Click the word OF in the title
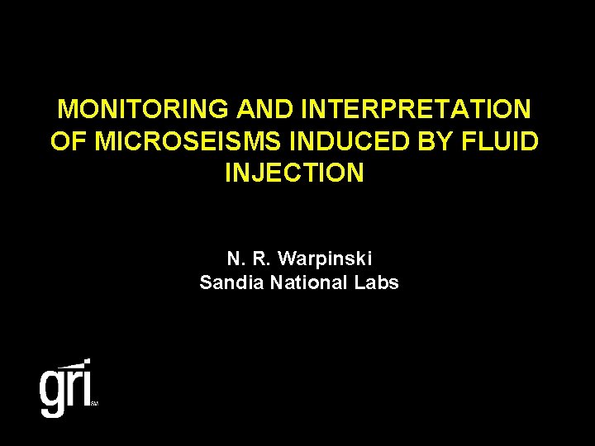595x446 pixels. coord(69,141)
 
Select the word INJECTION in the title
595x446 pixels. coord(293,173)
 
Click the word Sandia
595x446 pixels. coord(226,282)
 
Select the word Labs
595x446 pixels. coord(377,282)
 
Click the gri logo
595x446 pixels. coord(66,388)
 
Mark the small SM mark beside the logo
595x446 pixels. coord(94,404)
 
